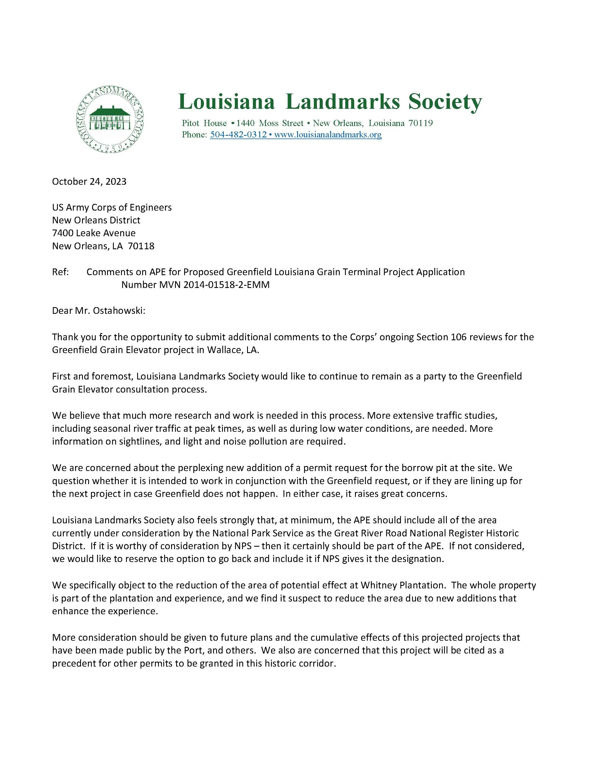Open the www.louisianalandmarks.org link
coord(328,135)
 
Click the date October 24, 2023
coord(89,181)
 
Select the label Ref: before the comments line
coord(60,272)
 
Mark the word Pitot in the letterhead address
coord(191,123)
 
